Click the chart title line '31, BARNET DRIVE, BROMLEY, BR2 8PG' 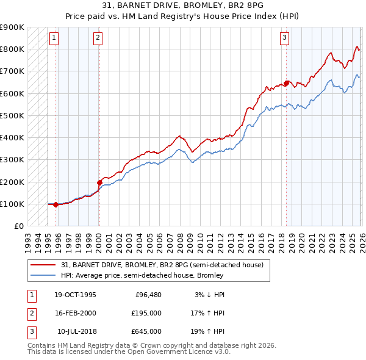(183, 7)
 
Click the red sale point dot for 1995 (56, 204)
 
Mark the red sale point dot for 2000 (99, 182)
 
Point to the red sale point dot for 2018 (286, 83)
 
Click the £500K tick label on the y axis (12, 115)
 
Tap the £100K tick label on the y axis (12, 204)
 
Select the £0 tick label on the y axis (18, 226)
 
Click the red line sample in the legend (43, 265)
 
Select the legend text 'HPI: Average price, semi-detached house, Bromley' (142, 275)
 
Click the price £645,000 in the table (146, 331)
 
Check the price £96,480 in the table (148, 295)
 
